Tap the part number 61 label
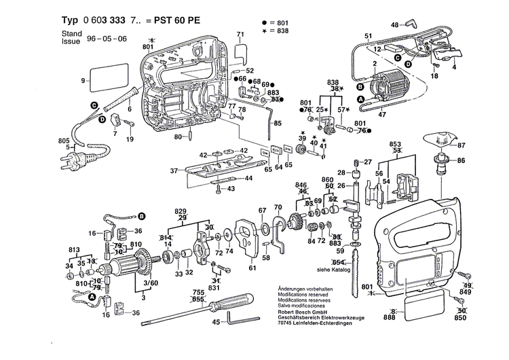pyautogui.click(x=252, y=268)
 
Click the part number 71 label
pyautogui.click(x=240, y=34)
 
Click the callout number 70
pyautogui.click(x=277, y=206)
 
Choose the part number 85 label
pyautogui.click(x=277, y=124)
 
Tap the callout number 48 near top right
pyautogui.click(x=394, y=25)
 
